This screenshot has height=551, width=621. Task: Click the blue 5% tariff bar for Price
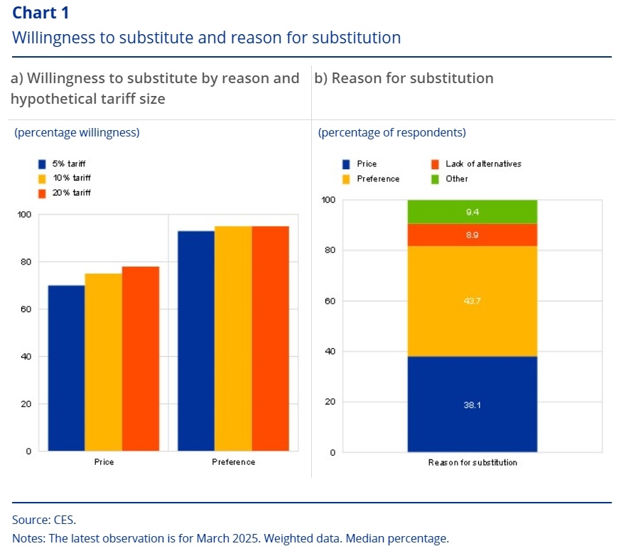click(x=66, y=368)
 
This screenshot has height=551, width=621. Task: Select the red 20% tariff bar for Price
click(x=140, y=358)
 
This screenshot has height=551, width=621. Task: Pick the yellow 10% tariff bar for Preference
click(x=233, y=338)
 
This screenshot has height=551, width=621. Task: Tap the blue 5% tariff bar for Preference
click(x=196, y=341)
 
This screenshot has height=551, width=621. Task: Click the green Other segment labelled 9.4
click(x=472, y=211)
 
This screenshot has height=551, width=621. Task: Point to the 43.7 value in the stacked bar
click(x=472, y=301)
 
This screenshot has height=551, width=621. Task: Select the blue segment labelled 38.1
click(x=472, y=404)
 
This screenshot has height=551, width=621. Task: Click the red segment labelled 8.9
click(x=472, y=235)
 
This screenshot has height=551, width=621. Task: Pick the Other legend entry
click(x=456, y=178)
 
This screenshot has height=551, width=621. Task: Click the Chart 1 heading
click(x=40, y=13)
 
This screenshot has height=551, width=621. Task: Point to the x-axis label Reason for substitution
click(x=472, y=463)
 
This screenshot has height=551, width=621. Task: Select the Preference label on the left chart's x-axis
click(x=233, y=462)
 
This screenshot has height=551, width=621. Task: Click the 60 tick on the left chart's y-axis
click(x=26, y=309)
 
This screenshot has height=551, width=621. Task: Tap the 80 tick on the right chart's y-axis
click(x=330, y=250)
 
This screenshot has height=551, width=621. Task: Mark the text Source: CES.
click(x=44, y=520)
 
